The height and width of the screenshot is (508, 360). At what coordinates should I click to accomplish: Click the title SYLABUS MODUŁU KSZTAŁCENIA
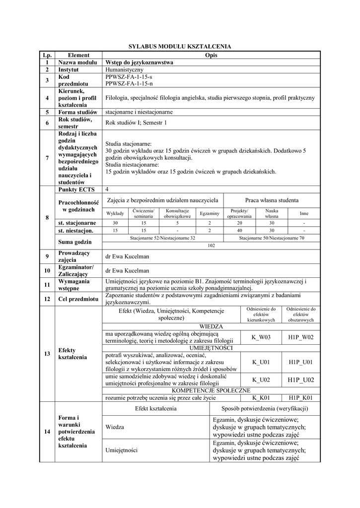pos(180,46)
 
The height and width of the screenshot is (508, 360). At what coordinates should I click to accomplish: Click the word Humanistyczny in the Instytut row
pos(125,70)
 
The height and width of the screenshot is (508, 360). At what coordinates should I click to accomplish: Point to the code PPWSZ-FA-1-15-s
pos(129,77)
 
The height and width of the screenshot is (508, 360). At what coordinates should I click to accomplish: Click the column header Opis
pos(211,55)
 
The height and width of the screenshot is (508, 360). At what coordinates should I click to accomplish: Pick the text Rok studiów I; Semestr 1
pos(137,122)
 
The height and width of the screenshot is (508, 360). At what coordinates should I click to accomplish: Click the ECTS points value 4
pos(107,189)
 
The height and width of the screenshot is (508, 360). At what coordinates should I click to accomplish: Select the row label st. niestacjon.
pos(75,231)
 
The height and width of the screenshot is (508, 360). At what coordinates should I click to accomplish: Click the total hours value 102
pos(211,245)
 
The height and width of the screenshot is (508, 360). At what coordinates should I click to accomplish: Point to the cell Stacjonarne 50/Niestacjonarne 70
pos(272,238)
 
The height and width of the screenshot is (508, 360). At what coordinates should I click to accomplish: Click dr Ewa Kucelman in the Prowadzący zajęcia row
pos(127,256)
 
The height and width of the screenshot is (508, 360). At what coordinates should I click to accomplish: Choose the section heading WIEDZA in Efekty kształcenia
pos(211,326)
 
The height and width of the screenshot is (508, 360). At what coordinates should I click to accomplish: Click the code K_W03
pos(261,337)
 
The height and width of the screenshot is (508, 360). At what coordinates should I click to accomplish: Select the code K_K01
pos(261,397)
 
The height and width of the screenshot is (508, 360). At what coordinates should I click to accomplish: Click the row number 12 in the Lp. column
pos(47,299)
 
